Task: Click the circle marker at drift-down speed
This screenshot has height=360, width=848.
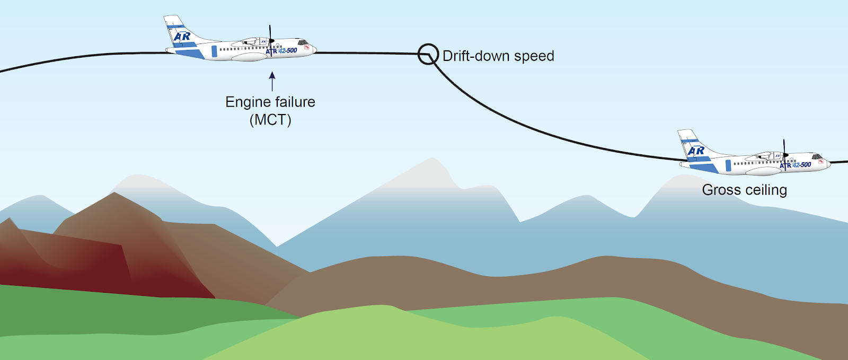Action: tap(428, 54)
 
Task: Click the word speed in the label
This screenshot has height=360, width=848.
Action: tap(536, 57)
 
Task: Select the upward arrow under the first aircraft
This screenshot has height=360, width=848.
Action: tap(272, 81)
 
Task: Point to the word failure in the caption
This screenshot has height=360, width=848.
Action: tap(295, 102)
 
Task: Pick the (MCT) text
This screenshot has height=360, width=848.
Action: tap(270, 120)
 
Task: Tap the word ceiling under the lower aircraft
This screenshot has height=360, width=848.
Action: tap(767, 190)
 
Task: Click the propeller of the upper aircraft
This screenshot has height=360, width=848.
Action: tap(270, 39)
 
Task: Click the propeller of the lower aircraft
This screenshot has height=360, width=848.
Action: tap(784, 154)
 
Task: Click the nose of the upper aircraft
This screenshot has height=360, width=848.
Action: tap(314, 49)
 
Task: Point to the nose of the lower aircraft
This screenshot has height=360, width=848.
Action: tap(828, 163)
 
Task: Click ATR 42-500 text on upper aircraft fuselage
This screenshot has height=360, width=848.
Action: tap(281, 51)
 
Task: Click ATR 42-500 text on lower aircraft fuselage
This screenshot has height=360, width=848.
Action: tap(796, 165)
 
